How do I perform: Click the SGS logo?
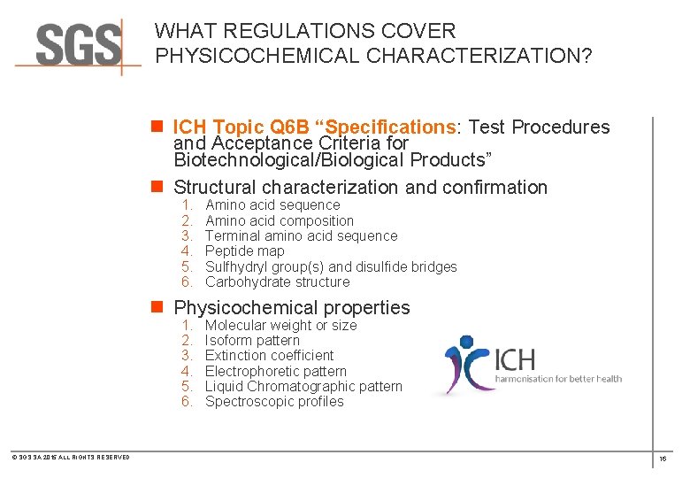point(78,44)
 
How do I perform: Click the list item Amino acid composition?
point(279,220)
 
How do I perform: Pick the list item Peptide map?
point(244,251)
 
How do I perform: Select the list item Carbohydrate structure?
point(277,282)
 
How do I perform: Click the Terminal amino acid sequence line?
point(301,235)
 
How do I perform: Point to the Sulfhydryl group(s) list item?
point(330,266)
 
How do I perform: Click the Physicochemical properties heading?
point(292,308)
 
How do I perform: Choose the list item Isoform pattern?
point(252,341)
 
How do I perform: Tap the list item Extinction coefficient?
point(269,356)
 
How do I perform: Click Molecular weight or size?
point(280,326)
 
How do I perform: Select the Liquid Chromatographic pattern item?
point(303,387)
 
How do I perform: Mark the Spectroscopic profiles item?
point(274,402)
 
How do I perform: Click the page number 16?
point(663,459)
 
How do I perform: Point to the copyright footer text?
point(71,457)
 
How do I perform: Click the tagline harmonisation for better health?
point(557,379)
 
